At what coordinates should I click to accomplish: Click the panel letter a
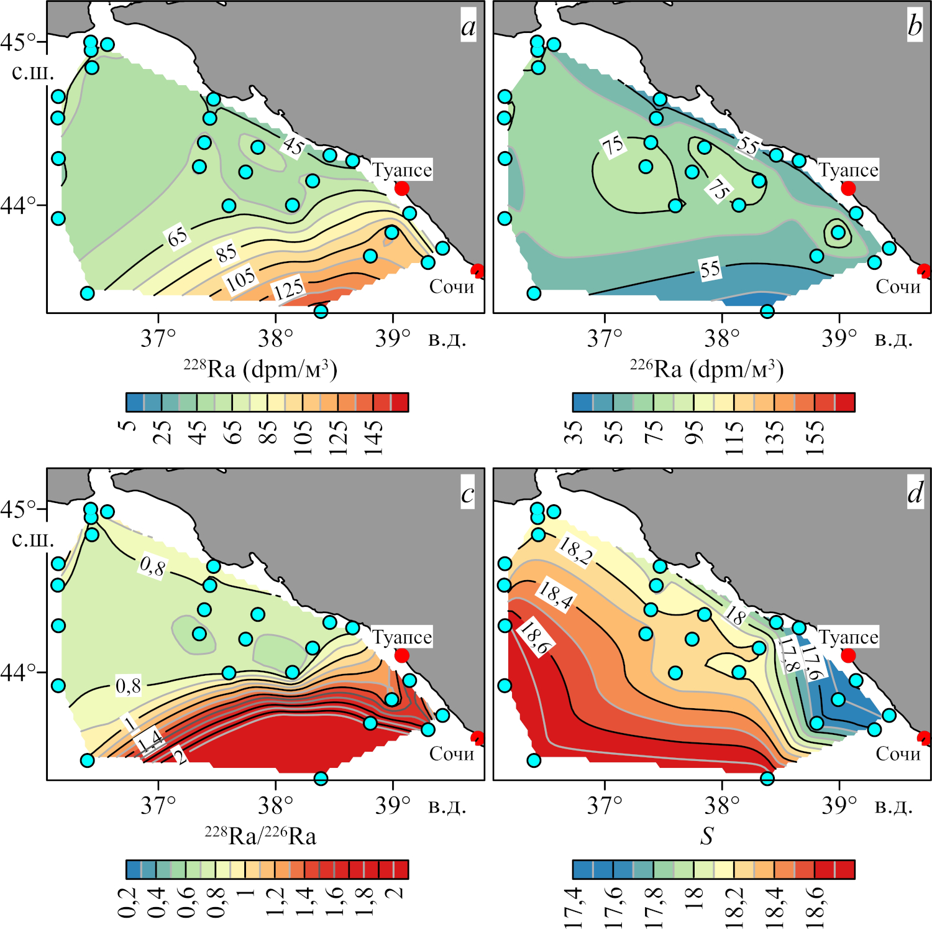pos(468,27)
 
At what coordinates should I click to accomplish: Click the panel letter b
pos(915,27)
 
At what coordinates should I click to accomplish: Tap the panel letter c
pos(468,494)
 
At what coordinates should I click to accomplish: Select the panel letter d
pos(915,494)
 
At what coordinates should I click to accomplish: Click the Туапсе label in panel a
pos(402,170)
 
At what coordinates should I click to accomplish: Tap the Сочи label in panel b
pos(898,287)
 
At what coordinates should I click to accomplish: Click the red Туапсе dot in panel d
pos(848,655)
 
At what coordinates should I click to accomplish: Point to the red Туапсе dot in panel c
pos(402,655)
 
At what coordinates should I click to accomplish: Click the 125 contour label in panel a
pos(289,288)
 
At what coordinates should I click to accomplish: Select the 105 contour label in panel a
pos(240,280)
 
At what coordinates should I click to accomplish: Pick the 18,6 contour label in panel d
pos(534,638)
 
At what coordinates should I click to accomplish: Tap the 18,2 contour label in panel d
pos(575,550)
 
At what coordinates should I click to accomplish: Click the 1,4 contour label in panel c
pos(150,741)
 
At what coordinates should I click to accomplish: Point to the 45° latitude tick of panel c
pos(17,509)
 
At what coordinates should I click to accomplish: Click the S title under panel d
pos(707,836)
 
